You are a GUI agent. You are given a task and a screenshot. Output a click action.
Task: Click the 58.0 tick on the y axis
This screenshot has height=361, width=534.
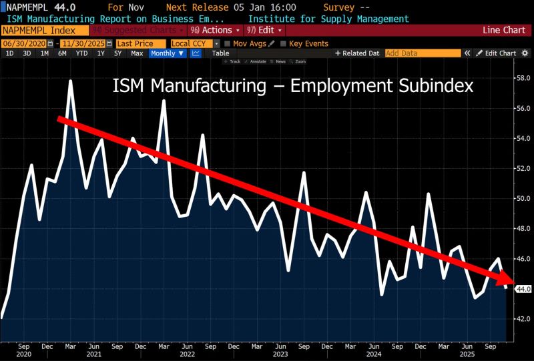pyautogui.click(x=524, y=78)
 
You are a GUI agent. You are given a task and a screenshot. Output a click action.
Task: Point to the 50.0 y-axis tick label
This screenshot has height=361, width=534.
pyautogui.click(x=524, y=198)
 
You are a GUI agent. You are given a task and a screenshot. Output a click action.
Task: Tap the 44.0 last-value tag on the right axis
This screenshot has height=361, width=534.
pyautogui.click(x=523, y=289)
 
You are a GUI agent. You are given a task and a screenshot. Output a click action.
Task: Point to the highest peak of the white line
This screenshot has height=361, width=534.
pyautogui.click(x=70, y=81)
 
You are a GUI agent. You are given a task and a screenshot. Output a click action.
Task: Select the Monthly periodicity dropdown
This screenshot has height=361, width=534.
pyautogui.click(x=167, y=53)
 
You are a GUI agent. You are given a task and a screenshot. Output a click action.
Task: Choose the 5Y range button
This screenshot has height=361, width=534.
pyautogui.click(x=117, y=53)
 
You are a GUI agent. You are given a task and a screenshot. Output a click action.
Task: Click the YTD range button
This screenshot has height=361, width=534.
pyautogui.click(x=81, y=53)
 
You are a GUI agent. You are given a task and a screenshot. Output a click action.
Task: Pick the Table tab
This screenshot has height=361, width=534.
pyautogui.click(x=220, y=53)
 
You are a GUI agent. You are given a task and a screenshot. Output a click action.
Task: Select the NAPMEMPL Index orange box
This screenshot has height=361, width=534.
pyautogui.click(x=44, y=31)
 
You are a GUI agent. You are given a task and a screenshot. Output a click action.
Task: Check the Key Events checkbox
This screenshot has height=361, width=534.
pyautogui.click(x=283, y=43)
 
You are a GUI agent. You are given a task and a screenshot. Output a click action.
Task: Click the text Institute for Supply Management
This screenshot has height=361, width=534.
pyautogui.click(x=328, y=19)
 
